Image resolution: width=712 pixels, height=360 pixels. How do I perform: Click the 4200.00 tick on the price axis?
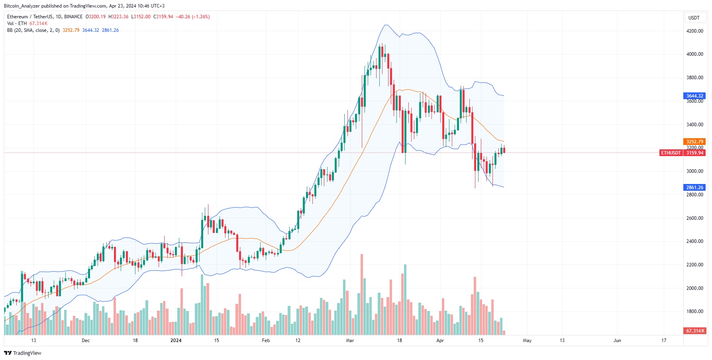coord(694,31)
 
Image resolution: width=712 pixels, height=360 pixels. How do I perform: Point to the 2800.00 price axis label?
coord(694,195)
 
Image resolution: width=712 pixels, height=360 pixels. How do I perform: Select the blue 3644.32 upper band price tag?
coord(694,96)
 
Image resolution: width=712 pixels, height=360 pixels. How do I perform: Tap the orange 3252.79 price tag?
coord(694,142)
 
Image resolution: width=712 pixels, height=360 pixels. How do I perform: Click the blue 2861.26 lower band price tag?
coord(694,188)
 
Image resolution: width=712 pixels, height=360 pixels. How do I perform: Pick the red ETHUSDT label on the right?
coord(671,153)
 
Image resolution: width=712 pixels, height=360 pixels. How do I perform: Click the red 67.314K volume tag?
coord(695,331)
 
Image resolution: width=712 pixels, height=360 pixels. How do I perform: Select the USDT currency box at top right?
coord(694,18)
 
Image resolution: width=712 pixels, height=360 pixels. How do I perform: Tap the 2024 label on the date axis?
coord(176,340)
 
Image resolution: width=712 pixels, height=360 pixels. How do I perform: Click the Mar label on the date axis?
coord(350,340)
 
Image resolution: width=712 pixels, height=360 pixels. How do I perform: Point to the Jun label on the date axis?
coord(617,340)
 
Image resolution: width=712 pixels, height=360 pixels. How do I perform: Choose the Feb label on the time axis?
coord(266,340)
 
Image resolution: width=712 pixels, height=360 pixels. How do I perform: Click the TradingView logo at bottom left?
coord(23,353)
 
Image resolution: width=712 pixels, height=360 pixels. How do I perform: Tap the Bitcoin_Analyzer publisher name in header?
coord(22,6)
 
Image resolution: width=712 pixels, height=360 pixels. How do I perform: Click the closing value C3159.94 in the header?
coord(163,17)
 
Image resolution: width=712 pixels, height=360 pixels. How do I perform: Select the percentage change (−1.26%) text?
coord(201,17)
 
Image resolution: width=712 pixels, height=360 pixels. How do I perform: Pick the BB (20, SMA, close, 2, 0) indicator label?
coord(33,30)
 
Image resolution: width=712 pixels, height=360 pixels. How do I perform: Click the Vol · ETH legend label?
coord(17,23)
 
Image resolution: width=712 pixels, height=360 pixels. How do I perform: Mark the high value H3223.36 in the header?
coord(118,17)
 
